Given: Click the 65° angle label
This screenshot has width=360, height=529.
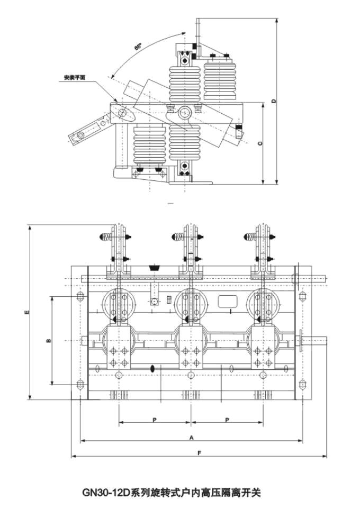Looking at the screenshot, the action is click(x=138, y=47).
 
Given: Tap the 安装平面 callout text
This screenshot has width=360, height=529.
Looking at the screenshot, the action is click(x=75, y=77).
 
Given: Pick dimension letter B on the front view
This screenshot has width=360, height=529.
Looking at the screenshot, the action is click(x=48, y=341).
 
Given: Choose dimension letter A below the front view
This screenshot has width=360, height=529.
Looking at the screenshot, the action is click(x=191, y=437).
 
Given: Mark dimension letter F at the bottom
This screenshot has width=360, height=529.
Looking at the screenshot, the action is click(x=199, y=453).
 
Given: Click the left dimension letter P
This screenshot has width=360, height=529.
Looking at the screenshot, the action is click(x=155, y=420).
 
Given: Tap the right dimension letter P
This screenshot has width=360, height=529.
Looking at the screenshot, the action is click(x=227, y=420).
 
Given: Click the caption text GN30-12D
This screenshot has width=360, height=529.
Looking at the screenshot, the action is click(x=106, y=493).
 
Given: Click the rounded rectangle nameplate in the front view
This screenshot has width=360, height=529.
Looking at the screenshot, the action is click(x=228, y=302).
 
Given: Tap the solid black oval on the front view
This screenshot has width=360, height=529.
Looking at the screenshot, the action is click(x=152, y=368).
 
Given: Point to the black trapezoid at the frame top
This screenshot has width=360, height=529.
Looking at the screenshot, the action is click(x=155, y=268).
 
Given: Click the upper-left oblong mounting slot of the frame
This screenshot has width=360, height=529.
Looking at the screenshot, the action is click(x=80, y=297).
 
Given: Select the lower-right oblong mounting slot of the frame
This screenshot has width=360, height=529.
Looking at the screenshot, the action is click(x=303, y=384).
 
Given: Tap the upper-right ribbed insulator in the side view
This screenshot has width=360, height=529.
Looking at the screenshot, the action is click(x=220, y=80).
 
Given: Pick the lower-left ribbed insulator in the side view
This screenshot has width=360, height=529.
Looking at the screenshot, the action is click(x=150, y=144).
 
